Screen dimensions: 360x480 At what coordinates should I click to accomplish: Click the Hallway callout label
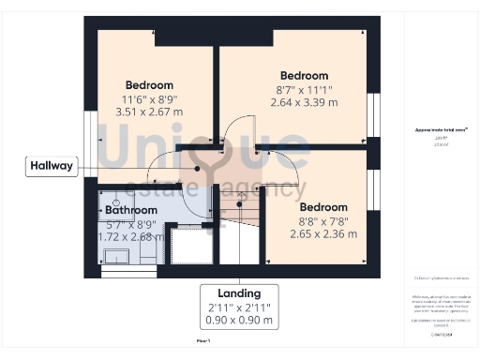51,166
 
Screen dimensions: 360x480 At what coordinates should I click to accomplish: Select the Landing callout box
239,306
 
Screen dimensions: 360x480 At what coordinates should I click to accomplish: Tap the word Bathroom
130,210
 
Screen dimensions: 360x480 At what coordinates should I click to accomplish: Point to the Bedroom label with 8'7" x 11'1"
304,76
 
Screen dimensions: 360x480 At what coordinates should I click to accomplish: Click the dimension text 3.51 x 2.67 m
148,112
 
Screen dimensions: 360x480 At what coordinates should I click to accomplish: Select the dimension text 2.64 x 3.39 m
304,103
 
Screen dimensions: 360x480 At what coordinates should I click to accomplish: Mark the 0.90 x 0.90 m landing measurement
239,321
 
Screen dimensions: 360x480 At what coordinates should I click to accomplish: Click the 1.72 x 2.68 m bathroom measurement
131,236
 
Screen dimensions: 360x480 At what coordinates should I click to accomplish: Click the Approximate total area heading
441,130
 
